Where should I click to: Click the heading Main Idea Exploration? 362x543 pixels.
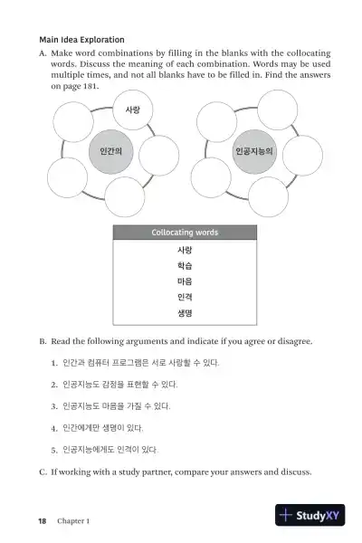coord(81,40)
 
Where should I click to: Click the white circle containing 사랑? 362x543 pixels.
coord(132,111)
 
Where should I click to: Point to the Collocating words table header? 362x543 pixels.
coord(185,233)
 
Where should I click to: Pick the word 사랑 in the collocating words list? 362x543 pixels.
coord(185,250)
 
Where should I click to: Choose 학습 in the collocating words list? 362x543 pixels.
coord(185,266)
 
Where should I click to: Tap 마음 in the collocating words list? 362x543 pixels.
coord(185,281)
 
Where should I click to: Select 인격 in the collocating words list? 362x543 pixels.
coord(185,297)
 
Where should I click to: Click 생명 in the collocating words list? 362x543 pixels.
coord(185,313)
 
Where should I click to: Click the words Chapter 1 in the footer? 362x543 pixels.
coord(73,521)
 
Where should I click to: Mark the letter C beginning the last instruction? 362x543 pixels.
coord(43,472)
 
